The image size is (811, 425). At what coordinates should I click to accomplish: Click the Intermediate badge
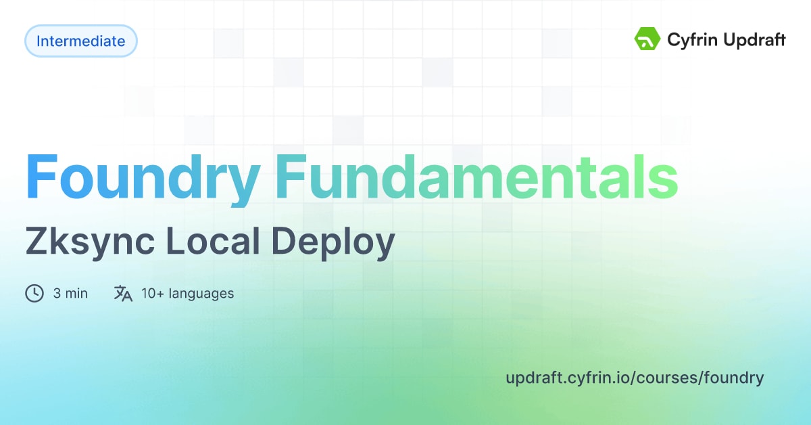[x=81, y=41]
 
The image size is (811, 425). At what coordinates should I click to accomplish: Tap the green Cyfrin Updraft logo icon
[x=647, y=39]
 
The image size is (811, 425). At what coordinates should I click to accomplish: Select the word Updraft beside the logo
[x=754, y=40]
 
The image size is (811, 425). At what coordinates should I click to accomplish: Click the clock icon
[x=34, y=293]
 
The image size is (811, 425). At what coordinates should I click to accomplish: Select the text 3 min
[x=70, y=293]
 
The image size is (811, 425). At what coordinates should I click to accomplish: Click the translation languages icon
[x=123, y=293]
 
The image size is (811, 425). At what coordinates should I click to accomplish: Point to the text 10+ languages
[x=187, y=293]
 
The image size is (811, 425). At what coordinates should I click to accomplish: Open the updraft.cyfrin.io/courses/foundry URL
[x=635, y=377]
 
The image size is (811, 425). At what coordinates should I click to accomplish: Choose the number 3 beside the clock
[x=57, y=293]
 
